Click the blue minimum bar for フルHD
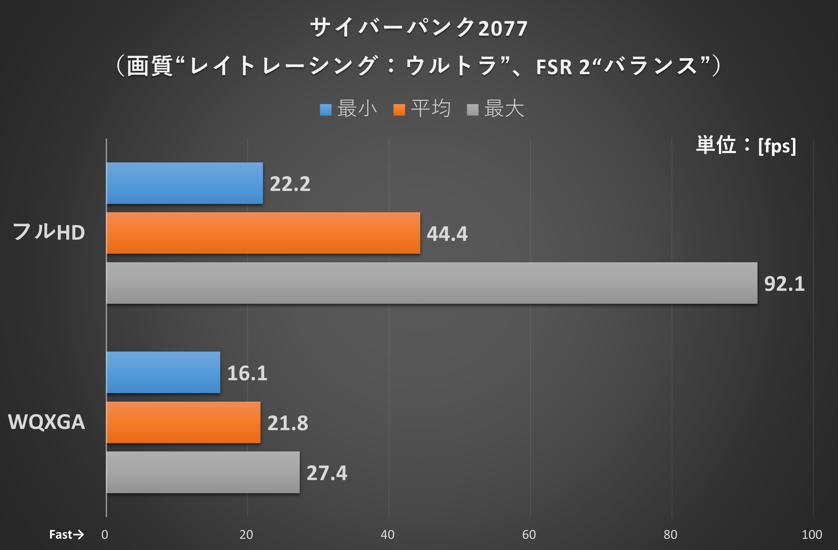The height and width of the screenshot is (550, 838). (184, 183)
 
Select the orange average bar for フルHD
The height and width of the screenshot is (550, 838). (263, 233)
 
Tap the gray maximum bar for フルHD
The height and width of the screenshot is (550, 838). (432, 283)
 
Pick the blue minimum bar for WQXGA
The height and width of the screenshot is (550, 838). (163, 372)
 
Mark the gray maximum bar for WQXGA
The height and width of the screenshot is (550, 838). (203, 472)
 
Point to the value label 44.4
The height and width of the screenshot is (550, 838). (447, 234)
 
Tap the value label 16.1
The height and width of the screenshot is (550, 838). (247, 373)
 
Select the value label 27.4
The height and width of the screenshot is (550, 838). (327, 473)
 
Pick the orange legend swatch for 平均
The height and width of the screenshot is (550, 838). (399, 110)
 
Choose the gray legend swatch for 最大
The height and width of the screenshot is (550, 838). (472, 110)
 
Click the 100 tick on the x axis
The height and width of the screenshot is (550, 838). (811, 534)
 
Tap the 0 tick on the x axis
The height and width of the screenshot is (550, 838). (104, 534)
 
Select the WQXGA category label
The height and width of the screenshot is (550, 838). (46, 421)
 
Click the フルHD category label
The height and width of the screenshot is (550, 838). (48, 232)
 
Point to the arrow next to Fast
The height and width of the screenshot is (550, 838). (78, 534)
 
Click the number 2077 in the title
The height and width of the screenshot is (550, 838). (502, 29)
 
